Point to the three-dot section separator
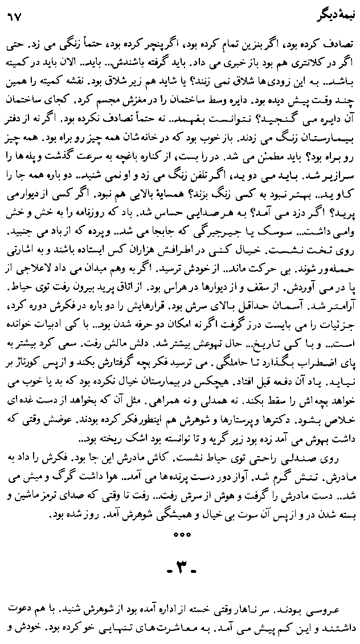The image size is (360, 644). coord(179,534)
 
